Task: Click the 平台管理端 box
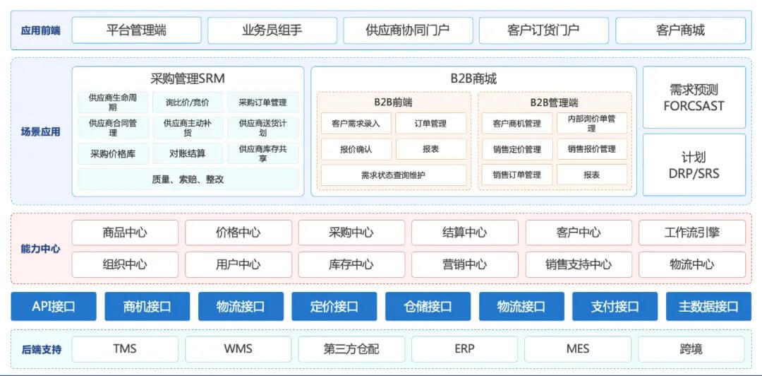136,30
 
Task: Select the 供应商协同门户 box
408,30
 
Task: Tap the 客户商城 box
680,30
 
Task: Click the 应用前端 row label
40,30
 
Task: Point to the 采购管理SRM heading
188,78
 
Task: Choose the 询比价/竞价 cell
188,102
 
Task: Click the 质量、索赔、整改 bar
188,179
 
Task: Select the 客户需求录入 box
356,124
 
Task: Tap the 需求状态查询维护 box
393,175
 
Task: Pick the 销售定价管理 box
516,149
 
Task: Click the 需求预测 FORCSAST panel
694,98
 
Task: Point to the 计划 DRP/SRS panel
694,165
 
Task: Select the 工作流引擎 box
691,233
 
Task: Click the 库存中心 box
351,264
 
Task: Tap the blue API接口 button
54,306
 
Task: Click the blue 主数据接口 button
708,306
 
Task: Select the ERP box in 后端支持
464,348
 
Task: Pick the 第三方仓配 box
351,348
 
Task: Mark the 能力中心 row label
40,249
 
